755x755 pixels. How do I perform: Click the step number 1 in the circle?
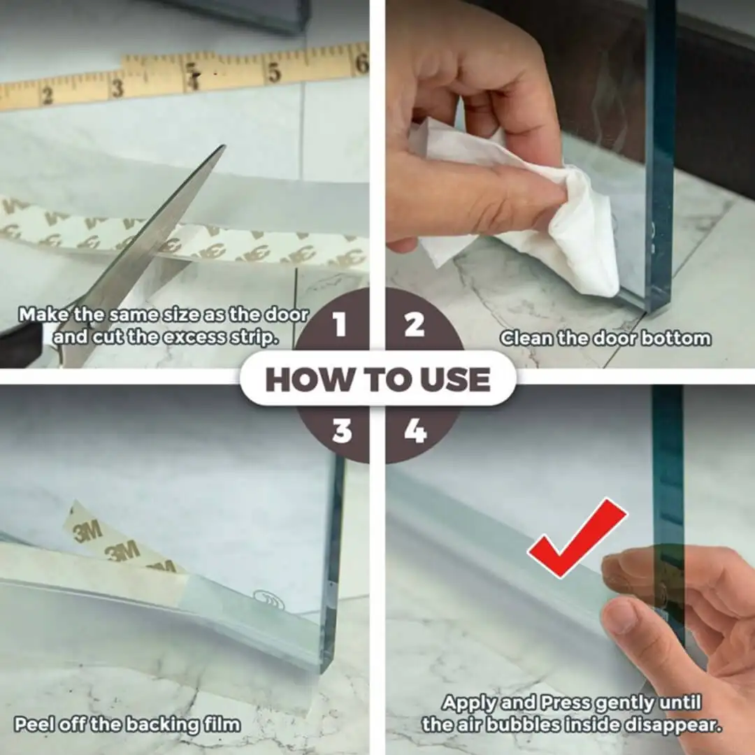(340, 324)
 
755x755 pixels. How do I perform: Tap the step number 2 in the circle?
(414, 324)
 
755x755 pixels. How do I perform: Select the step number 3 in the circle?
(342, 430)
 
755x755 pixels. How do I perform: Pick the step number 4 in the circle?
(415, 430)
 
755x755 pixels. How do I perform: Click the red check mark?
(577, 537)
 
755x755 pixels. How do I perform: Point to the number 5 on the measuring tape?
(273, 73)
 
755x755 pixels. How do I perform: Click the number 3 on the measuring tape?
(117, 87)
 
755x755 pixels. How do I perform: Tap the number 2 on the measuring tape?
(46, 96)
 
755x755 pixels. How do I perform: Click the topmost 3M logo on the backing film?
(87, 531)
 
